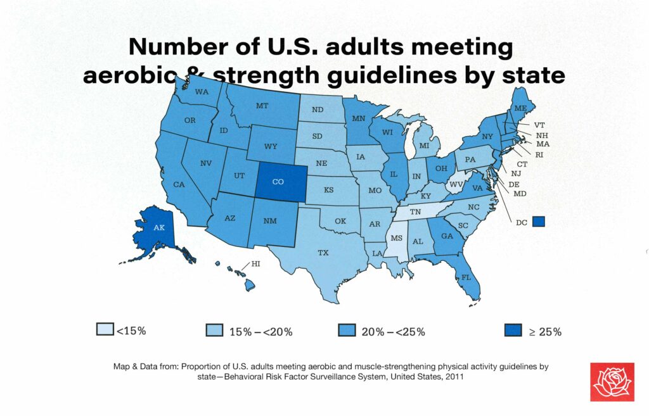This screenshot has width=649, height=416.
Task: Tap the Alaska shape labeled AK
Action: click(159, 228)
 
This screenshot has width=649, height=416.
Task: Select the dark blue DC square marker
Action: click(539, 221)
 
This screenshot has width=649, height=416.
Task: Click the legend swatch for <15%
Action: click(105, 330)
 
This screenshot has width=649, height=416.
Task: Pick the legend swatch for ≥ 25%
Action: click(513, 330)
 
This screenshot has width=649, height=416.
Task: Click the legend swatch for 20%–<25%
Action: click(347, 330)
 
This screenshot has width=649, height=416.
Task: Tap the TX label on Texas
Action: click(323, 253)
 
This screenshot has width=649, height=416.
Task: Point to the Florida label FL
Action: click(466, 277)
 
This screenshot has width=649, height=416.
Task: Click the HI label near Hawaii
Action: click(256, 263)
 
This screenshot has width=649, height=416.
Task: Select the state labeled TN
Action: click(415, 212)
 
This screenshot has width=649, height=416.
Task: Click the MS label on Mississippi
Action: click(396, 238)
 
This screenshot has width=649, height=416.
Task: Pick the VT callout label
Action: click(540, 125)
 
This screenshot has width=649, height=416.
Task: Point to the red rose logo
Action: click(612, 381)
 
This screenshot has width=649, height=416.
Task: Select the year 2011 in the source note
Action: click(453, 376)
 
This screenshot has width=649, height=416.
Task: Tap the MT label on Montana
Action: click(263, 106)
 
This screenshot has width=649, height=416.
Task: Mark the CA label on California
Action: click(179, 184)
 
